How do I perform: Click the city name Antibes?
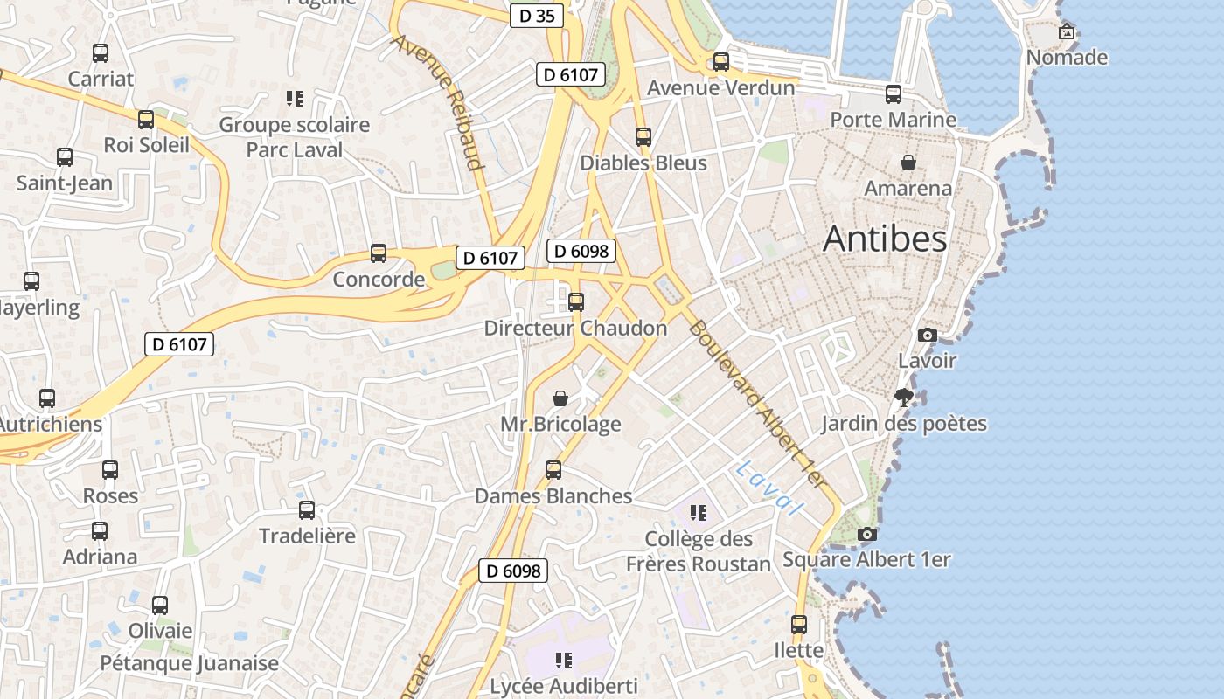point(885,239)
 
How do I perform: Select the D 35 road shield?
point(537,16)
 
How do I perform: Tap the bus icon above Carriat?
point(101,53)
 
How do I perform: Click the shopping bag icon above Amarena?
point(908,163)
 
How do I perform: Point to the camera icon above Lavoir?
point(928,335)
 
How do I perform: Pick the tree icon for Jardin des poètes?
point(904,398)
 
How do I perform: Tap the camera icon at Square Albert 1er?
point(866,534)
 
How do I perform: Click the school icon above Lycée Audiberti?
point(564,660)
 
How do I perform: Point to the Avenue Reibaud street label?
point(438,102)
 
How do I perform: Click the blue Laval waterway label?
point(768,488)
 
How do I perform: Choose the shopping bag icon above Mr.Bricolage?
point(560,398)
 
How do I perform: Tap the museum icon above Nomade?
point(1067,32)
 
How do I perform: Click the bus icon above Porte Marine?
point(893,93)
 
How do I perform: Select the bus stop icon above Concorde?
point(379,253)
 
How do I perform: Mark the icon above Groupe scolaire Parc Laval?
point(295,99)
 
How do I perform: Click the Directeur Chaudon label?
point(575,329)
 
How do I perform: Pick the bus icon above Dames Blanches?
point(553,470)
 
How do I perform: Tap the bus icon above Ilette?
point(799,625)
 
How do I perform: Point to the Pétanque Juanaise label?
point(189,663)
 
